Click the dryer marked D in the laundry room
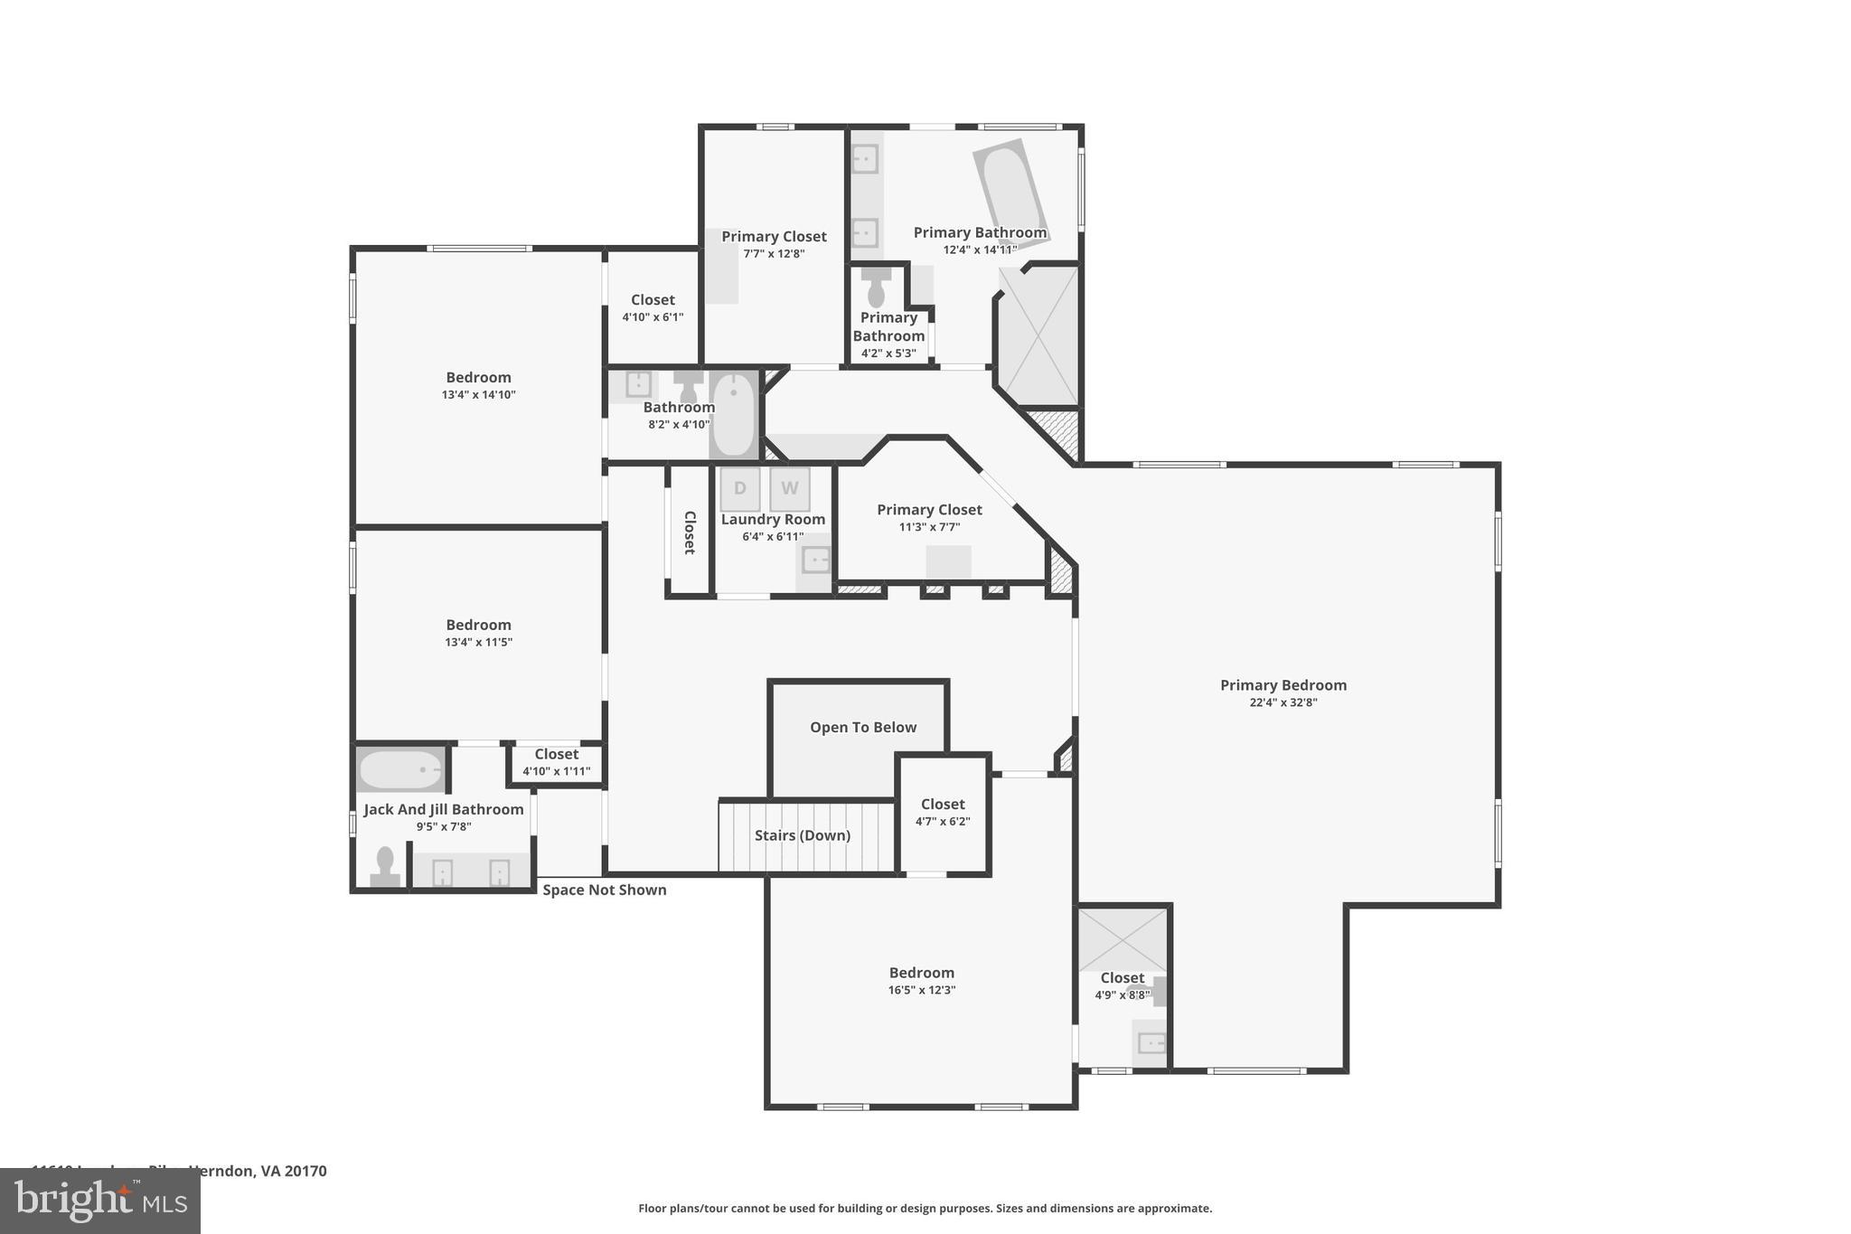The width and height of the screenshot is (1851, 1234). coord(739,489)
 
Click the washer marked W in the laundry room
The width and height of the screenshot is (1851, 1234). coord(789,489)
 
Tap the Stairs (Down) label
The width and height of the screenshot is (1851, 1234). coord(803,835)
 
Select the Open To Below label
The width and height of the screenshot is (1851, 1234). coord(862,728)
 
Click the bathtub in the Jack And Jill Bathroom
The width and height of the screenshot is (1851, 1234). coord(400,770)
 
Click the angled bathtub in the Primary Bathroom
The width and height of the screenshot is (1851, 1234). coord(1010,190)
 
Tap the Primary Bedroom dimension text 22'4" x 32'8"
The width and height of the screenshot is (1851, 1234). coord(1283,702)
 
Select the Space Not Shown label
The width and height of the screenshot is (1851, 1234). coord(604,890)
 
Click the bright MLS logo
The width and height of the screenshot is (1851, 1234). coord(99,1201)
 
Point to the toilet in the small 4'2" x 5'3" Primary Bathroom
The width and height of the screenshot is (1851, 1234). coord(876,288)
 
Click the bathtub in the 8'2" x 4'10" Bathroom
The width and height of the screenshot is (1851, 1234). coord(733,415)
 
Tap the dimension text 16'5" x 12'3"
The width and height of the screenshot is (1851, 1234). coord(921,990)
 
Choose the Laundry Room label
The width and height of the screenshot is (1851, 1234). coord(773,520)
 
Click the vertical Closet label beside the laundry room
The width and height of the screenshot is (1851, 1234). coord(690,532)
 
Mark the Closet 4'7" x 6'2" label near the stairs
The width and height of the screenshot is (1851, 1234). coord(943,805)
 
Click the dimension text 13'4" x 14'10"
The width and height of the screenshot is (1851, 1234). coord(478,395)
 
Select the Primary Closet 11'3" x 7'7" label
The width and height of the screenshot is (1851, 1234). coord(929,510)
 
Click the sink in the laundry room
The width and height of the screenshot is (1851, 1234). coord(815,560)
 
